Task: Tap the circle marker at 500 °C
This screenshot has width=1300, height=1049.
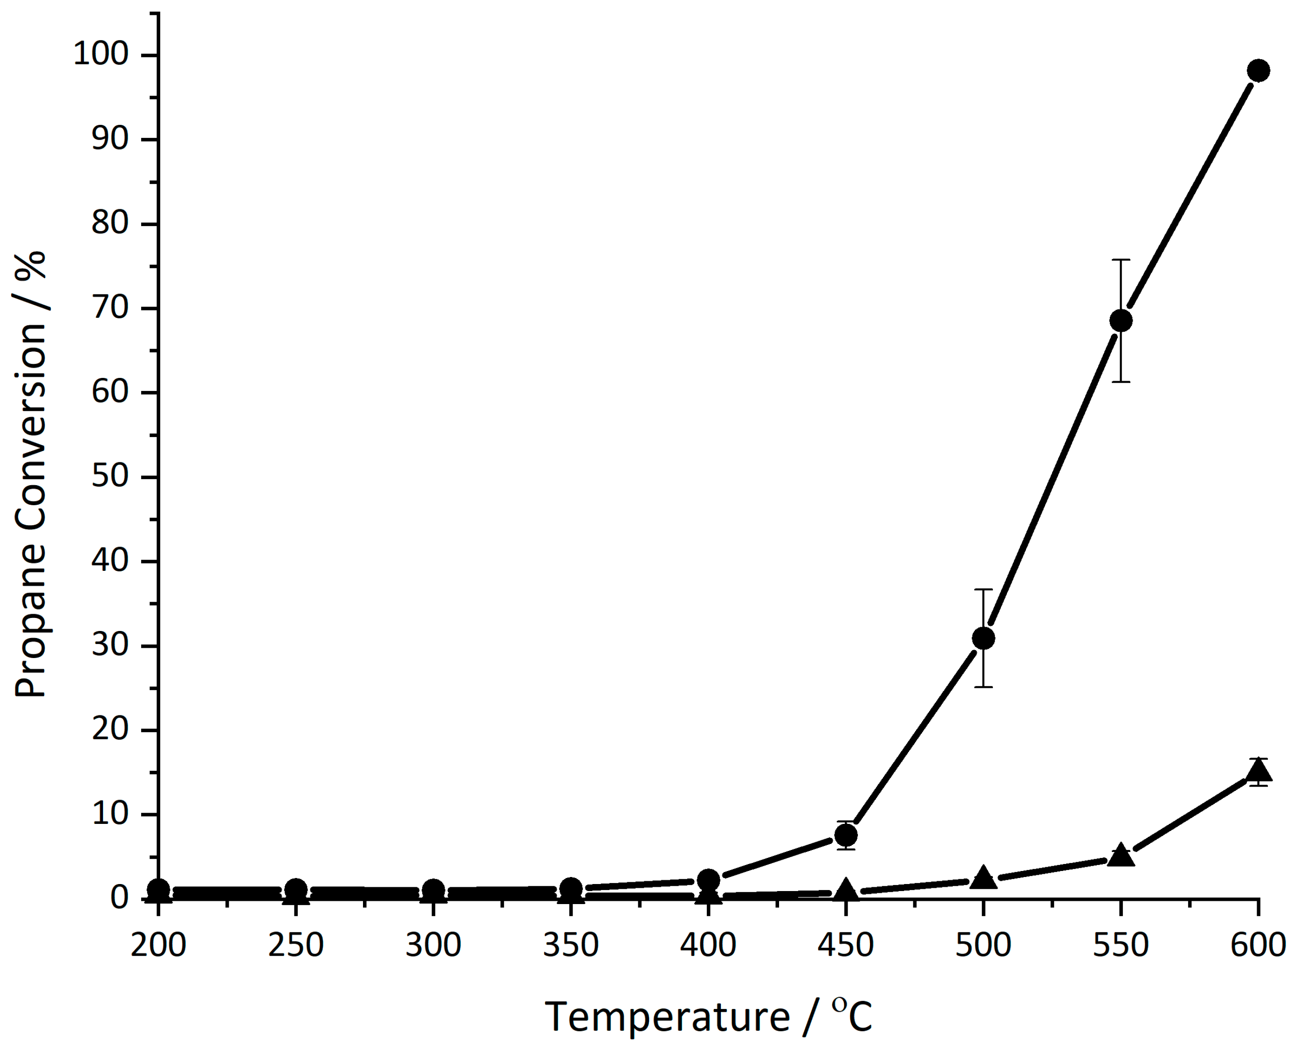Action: click(984, 638)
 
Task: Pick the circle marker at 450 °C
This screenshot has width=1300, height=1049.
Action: click(846, 835)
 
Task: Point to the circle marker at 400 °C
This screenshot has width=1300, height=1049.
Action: click(708, 880)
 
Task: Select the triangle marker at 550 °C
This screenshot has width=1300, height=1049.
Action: click(1121, 856)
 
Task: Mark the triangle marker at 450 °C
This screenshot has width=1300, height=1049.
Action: click(846, 890)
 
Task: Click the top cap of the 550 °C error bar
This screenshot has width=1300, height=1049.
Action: click(1121, 260)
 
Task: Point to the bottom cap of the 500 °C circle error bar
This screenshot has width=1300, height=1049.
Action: click(984, 687)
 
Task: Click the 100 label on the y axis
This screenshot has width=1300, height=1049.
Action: click(101, 55)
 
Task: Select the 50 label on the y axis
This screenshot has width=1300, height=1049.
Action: click(110, 477)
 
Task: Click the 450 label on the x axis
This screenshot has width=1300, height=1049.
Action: click(846, 945)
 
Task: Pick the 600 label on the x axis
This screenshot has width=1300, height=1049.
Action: click(1259, 945)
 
